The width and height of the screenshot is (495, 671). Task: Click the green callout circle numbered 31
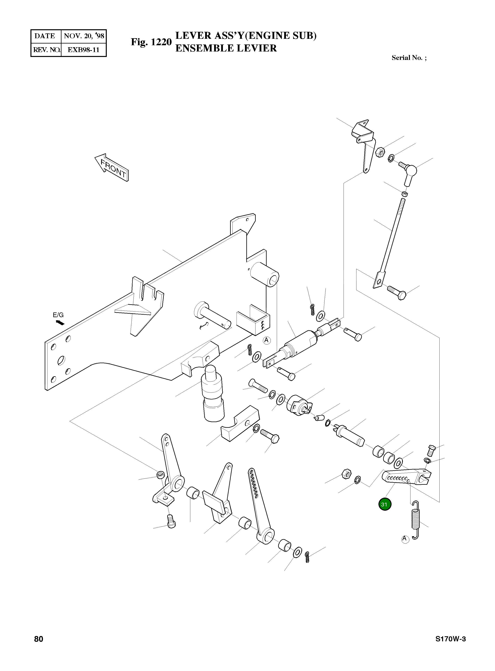(385, 504)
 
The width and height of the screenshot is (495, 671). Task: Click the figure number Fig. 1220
(151, 42)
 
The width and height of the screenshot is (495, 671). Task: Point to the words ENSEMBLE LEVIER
(226, 48)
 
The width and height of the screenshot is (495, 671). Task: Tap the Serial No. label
(409, 58)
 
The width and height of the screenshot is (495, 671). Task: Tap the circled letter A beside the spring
(405, 539)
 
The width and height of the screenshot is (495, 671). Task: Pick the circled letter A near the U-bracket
(266, 340)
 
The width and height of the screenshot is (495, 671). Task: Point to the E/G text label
(58, 315)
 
